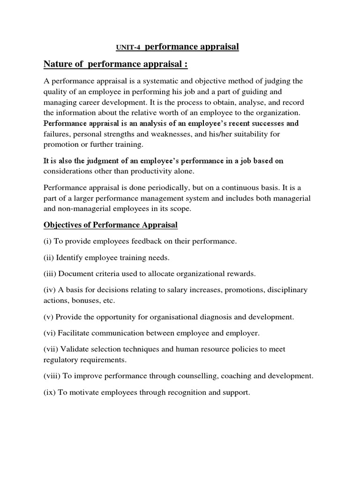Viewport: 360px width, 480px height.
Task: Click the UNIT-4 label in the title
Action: pos(127,47)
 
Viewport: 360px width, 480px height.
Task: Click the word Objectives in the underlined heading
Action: pos(63,225)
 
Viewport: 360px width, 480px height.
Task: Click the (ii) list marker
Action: pos(49,257)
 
